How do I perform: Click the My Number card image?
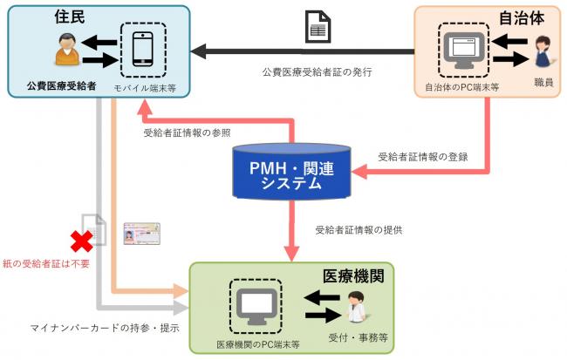[142, 234]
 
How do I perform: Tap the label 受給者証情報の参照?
[188, 133]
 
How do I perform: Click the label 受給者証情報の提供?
[359, 230]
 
